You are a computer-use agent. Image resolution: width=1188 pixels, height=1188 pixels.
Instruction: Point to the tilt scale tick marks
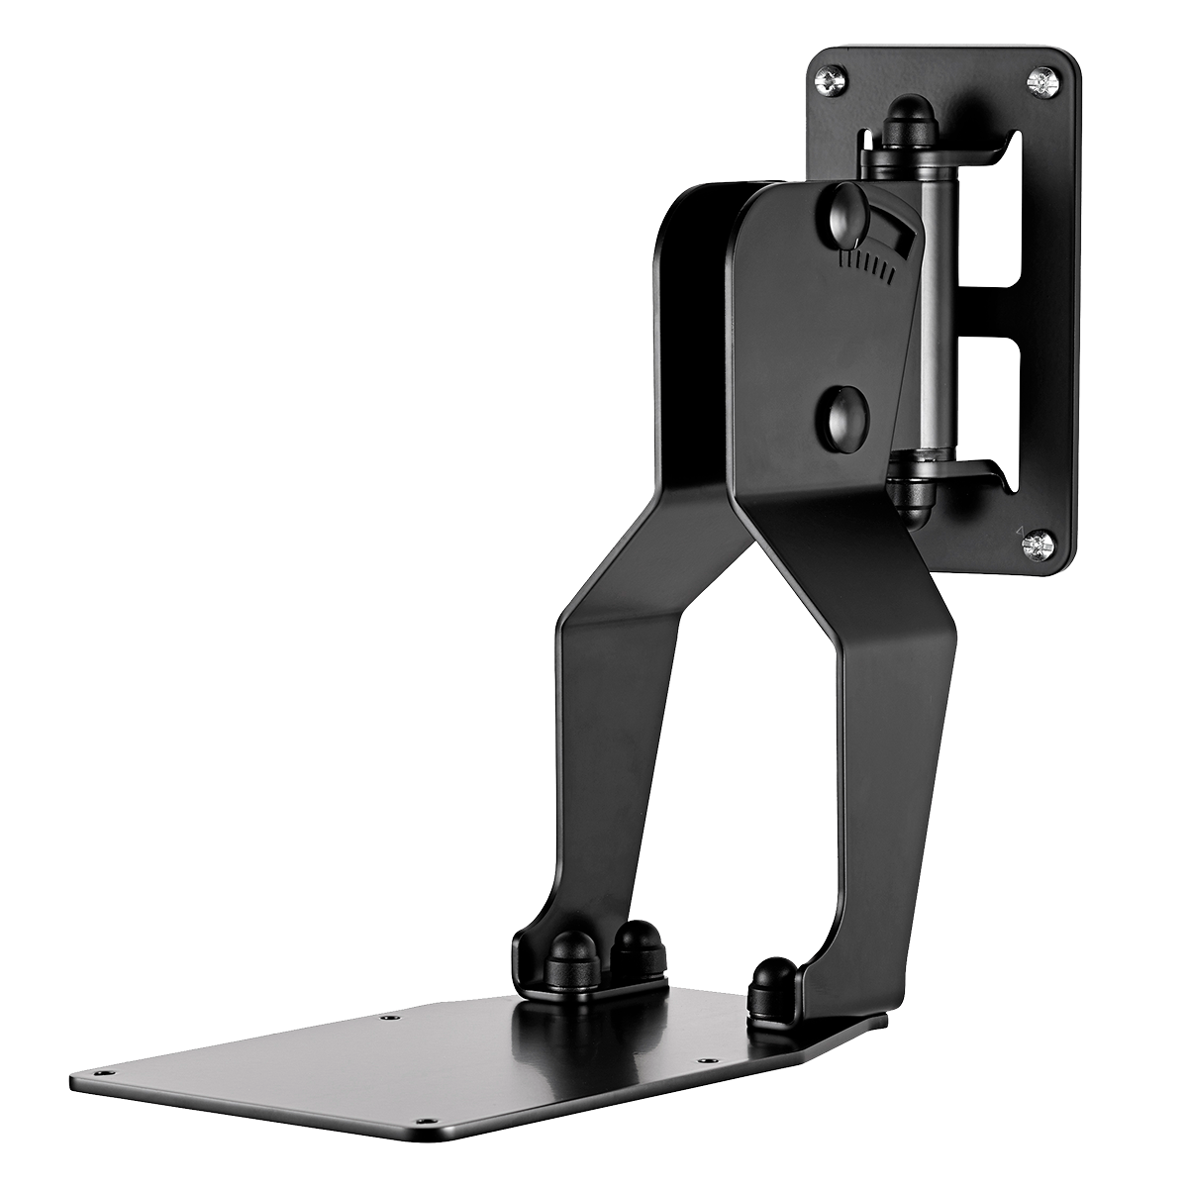tap(865, 263)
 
